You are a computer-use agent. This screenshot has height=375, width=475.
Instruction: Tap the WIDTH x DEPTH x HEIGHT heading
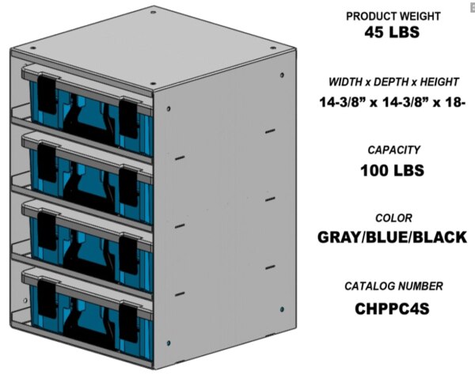394,82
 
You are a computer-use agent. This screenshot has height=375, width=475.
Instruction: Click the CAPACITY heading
393,150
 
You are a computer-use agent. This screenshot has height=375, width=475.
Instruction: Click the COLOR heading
393,218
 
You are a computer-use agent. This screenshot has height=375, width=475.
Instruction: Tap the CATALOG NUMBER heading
393,286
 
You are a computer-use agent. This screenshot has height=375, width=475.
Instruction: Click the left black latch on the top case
48,94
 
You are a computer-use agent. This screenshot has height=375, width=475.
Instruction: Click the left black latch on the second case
48,161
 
